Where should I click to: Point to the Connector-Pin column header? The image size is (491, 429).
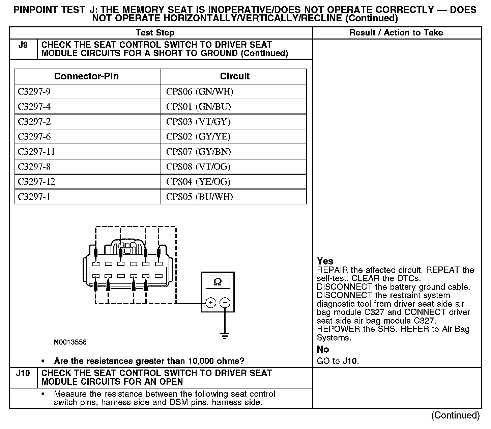tap(86, 76)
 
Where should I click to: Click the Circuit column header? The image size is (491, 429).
tap(235, 76)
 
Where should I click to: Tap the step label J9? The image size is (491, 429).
tap(23, 45)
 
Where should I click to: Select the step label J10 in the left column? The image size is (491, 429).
tap(23, 373)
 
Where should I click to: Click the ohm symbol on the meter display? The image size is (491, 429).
tap(218, 282)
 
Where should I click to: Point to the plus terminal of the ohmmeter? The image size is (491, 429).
tap(210, 303)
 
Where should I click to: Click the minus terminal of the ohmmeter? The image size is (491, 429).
tap(225, 303)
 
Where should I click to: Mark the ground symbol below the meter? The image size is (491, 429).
tap(225, 336)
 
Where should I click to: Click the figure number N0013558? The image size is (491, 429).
tap(70, 342)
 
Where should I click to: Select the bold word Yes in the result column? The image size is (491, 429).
tap(325, 261)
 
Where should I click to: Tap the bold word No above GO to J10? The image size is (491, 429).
tap(323, 349)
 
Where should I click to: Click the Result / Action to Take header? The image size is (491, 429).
tap(396, 33)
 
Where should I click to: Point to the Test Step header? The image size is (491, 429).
tap(155, 33)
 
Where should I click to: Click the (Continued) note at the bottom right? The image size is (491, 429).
tap(455, 415)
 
